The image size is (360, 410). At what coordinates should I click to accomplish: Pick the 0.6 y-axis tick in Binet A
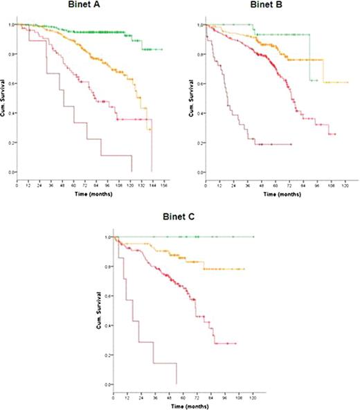point(10,83)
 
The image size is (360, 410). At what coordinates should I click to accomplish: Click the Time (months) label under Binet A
point(90,195)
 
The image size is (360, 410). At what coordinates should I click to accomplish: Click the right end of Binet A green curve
point(161,50)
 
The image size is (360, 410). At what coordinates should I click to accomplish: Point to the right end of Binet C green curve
point(253,237)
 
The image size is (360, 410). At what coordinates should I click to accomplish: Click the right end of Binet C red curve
point(235,344)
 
